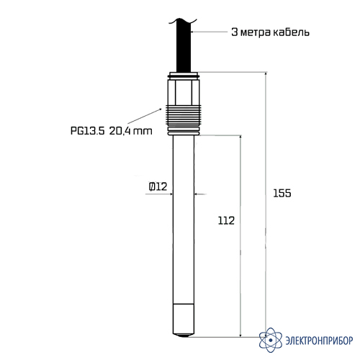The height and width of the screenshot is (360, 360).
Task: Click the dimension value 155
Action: tap(282, 193)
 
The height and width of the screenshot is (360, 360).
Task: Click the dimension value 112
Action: tap(226, 220)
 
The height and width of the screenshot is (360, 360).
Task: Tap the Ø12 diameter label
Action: tap(158, 186)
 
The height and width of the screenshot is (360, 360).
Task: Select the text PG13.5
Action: tap(87, 131)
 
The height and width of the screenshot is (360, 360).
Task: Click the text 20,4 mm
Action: tap(131, 131)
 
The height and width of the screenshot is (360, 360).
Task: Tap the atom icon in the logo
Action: tap(271, 340)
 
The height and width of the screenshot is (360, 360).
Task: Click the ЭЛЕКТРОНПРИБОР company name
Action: tap(319, 341)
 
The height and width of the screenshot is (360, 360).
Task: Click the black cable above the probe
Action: tap(184, 45)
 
